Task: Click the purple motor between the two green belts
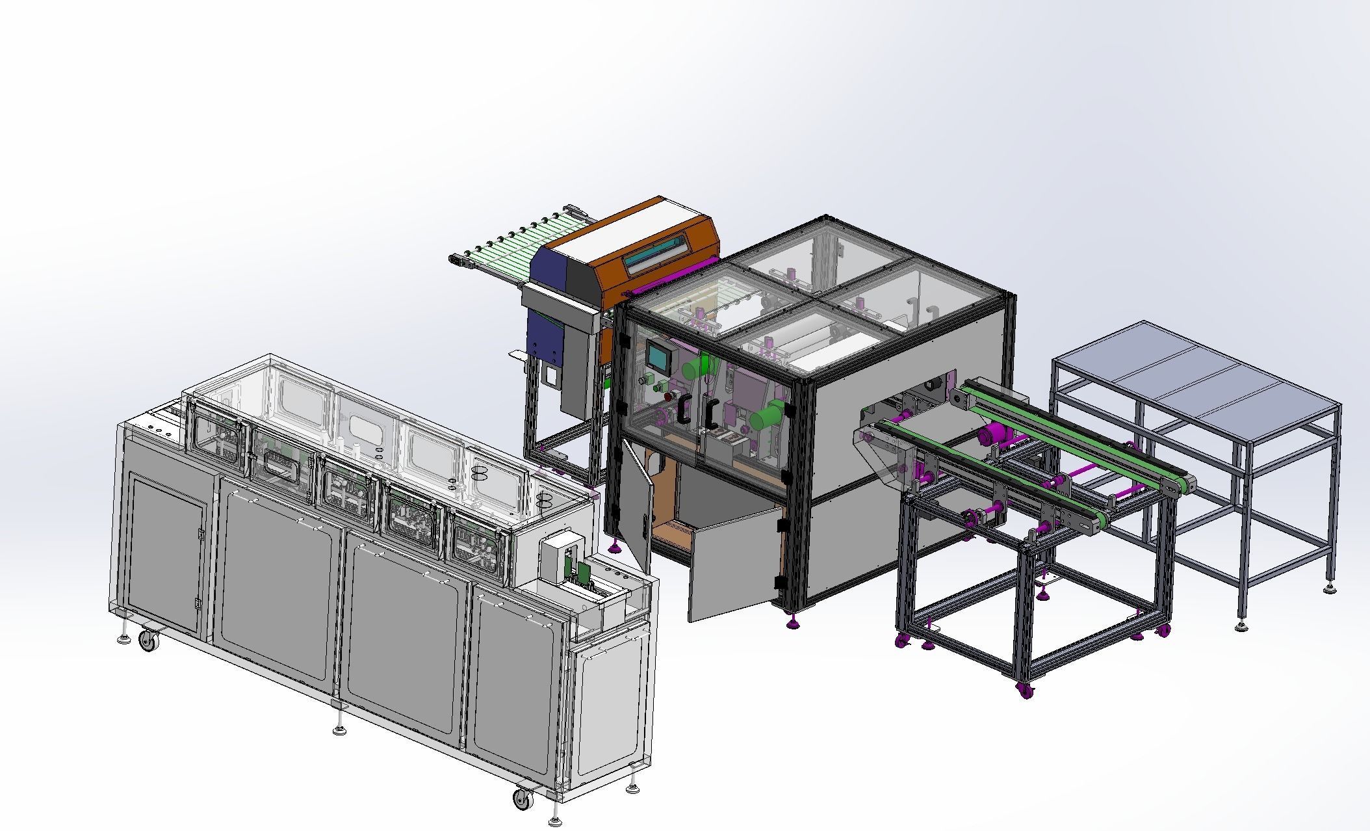click(992, 434)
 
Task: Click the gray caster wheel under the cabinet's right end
click(522, 798)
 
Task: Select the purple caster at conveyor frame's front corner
click(1026, 691)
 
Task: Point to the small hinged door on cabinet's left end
click(167, 553)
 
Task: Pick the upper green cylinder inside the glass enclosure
click(696, 366)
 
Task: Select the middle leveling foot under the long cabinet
click(339, 729)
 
